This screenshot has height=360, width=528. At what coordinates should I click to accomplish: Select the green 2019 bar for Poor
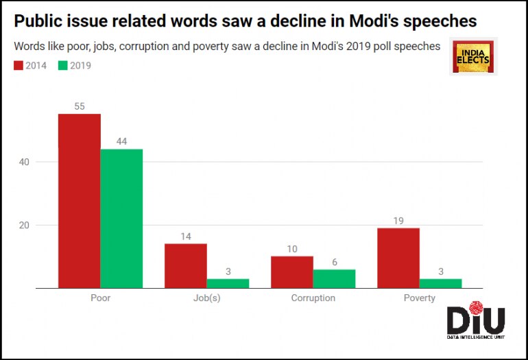point(121,219)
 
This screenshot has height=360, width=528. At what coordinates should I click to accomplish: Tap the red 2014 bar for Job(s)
point(186,266)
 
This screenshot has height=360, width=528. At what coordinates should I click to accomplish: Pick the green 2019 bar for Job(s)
point(228,283)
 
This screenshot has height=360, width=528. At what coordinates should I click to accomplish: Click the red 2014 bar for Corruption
point(292,272)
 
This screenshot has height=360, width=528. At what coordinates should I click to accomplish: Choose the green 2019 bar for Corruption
point(334,278)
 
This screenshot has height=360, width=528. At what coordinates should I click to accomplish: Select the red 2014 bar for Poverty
point(398,258)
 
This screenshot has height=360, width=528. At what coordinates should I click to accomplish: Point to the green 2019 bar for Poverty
point(440,283)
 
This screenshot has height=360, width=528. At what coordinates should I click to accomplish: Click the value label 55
point(80,106)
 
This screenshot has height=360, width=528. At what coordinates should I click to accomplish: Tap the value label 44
point(121,141)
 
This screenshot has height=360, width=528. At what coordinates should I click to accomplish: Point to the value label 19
point(398,220)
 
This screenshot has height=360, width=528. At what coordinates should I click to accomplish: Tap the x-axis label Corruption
point(313,298)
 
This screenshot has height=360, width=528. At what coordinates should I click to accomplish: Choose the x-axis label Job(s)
point(207,298)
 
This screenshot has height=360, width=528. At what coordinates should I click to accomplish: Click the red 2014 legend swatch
point(18,66)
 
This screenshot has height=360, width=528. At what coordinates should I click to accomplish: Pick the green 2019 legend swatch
point(63,66)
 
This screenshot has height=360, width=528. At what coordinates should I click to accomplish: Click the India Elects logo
point(475,57)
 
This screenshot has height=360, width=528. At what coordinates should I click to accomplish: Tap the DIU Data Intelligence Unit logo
point(475,322)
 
